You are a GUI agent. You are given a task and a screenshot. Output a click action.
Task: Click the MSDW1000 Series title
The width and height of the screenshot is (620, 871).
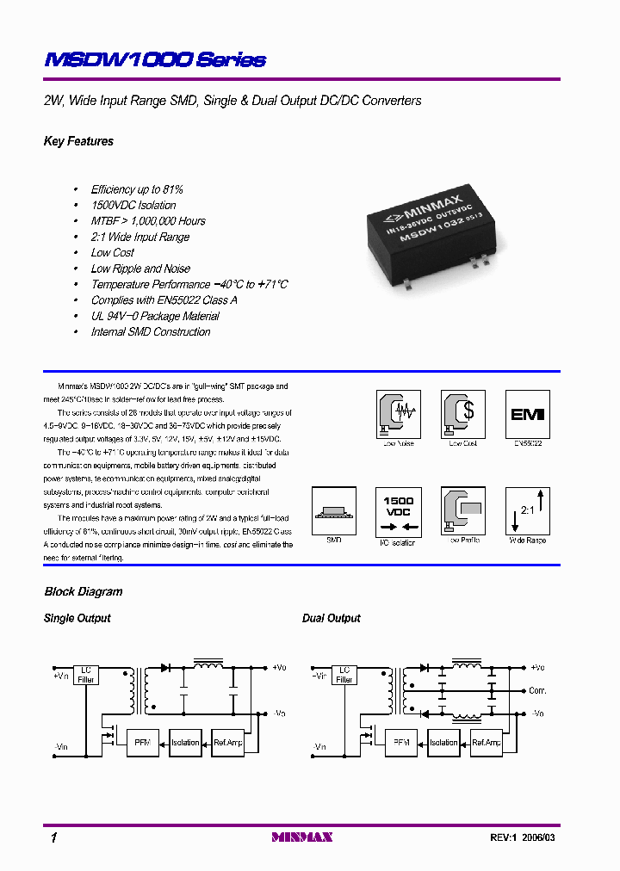pos(154,59)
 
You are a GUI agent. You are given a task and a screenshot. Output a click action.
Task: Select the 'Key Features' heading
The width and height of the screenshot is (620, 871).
pos(78,141)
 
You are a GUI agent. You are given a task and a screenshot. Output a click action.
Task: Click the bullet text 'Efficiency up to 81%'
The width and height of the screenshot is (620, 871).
pos(137,189)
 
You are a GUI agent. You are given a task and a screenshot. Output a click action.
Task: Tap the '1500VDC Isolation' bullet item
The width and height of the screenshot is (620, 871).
pos(133,205)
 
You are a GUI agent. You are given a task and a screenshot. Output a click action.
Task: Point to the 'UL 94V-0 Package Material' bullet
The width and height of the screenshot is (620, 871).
pos(155,316)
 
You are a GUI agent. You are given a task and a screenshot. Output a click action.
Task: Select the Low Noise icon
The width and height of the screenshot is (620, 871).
pos(397,413)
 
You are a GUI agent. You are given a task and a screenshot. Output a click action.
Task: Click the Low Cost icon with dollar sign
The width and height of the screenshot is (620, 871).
pos(462,413)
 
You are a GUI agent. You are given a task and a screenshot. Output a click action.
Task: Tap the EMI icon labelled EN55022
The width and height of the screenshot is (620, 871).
pos(528,413)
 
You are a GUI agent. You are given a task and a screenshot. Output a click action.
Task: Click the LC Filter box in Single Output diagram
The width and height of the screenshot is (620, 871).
pos(86,674)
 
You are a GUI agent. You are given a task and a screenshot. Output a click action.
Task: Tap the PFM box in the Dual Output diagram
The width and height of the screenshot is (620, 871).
pos(400,742)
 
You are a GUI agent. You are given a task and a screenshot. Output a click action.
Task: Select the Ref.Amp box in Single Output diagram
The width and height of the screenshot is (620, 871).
pos(228,742)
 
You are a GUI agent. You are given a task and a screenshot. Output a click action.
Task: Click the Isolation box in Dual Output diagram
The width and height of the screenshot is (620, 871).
pos(443,742)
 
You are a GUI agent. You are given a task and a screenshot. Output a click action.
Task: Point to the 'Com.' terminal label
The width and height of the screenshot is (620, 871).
pos(537,690)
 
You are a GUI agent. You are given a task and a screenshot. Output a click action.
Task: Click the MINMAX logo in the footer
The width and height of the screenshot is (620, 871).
pos(301,837)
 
